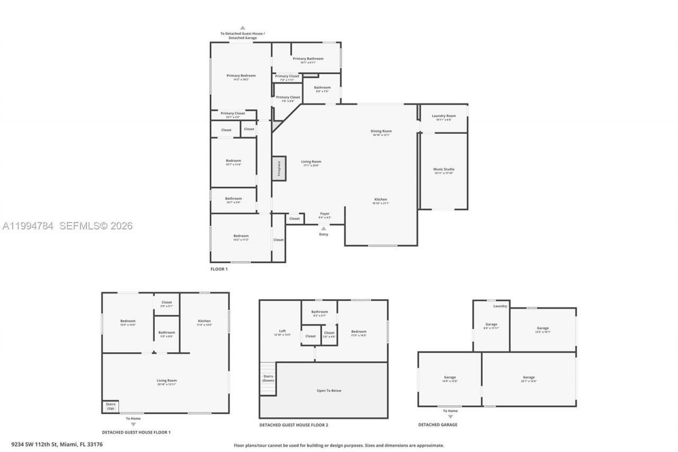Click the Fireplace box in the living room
point(279,169)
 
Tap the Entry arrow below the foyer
point(324,229)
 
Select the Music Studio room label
point(444,170)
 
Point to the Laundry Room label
point(443,116)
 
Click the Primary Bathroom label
point(308,59)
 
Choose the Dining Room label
point(381,131)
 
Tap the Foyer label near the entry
point(325,214)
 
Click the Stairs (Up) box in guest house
point(110,406)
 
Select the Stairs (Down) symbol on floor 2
point(268,378)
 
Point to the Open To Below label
point(329,391)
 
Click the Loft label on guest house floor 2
point(282,331)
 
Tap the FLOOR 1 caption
point(219,269)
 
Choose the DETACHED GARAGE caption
point(438,424)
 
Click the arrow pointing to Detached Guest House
point(243,28)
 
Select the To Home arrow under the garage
point(450,416)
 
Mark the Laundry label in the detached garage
point(500,306)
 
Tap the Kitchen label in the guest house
point(204,321)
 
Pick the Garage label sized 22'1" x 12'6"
point(529,377)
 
